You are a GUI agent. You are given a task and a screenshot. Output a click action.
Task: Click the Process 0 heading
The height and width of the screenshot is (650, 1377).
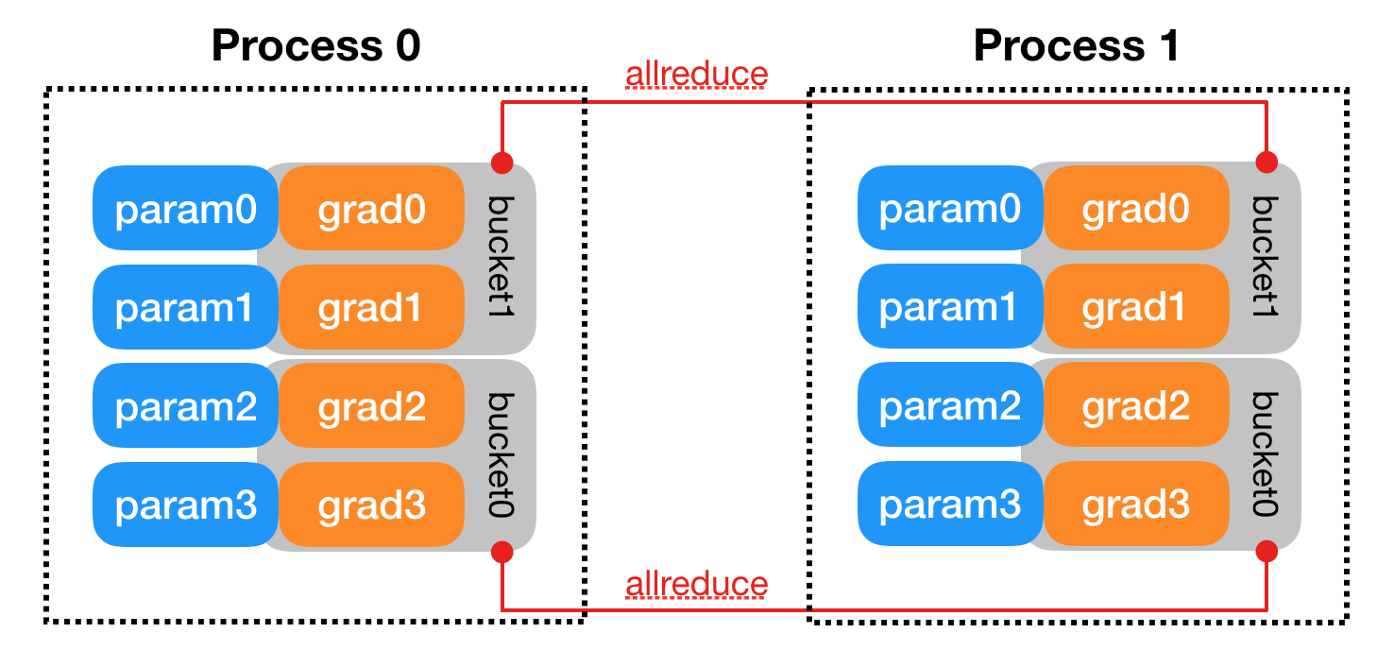pos(315,44)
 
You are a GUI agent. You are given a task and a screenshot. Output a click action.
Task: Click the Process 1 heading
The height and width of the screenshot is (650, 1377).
pos(1077,44)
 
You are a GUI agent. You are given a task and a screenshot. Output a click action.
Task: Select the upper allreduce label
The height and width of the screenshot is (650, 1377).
pos(696,74)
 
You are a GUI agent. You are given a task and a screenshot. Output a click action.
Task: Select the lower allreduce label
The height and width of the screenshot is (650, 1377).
pos(696,585)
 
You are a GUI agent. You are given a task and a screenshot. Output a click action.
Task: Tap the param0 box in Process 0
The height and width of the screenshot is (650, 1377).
pos(185,210)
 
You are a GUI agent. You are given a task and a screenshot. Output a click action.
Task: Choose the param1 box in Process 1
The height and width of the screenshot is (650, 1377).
pos(949,308)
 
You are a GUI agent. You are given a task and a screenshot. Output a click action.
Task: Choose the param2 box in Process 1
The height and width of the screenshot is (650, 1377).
pos(949,407)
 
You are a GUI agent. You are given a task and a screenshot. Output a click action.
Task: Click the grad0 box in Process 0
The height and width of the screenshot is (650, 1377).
pos(371,210)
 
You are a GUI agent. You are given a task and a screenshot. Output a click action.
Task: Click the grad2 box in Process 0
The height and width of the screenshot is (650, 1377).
pos(371,407)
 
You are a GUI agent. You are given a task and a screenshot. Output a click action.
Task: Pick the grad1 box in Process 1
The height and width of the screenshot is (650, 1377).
pos(1135,308)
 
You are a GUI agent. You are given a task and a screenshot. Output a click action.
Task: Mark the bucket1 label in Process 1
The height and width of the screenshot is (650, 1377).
pos(1266,256)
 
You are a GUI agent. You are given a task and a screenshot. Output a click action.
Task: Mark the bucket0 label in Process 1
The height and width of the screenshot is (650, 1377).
pos(1266,454)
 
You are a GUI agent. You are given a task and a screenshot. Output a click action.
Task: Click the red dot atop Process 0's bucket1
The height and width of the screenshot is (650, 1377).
pos(501,162)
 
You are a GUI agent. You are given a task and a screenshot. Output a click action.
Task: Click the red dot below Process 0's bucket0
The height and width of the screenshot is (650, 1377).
pos(501,550)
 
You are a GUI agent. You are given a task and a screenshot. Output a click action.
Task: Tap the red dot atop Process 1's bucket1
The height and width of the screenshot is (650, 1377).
pos(1266,162)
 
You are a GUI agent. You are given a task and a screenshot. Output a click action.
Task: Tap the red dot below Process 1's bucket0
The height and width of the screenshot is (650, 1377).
pos(1266,550)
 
